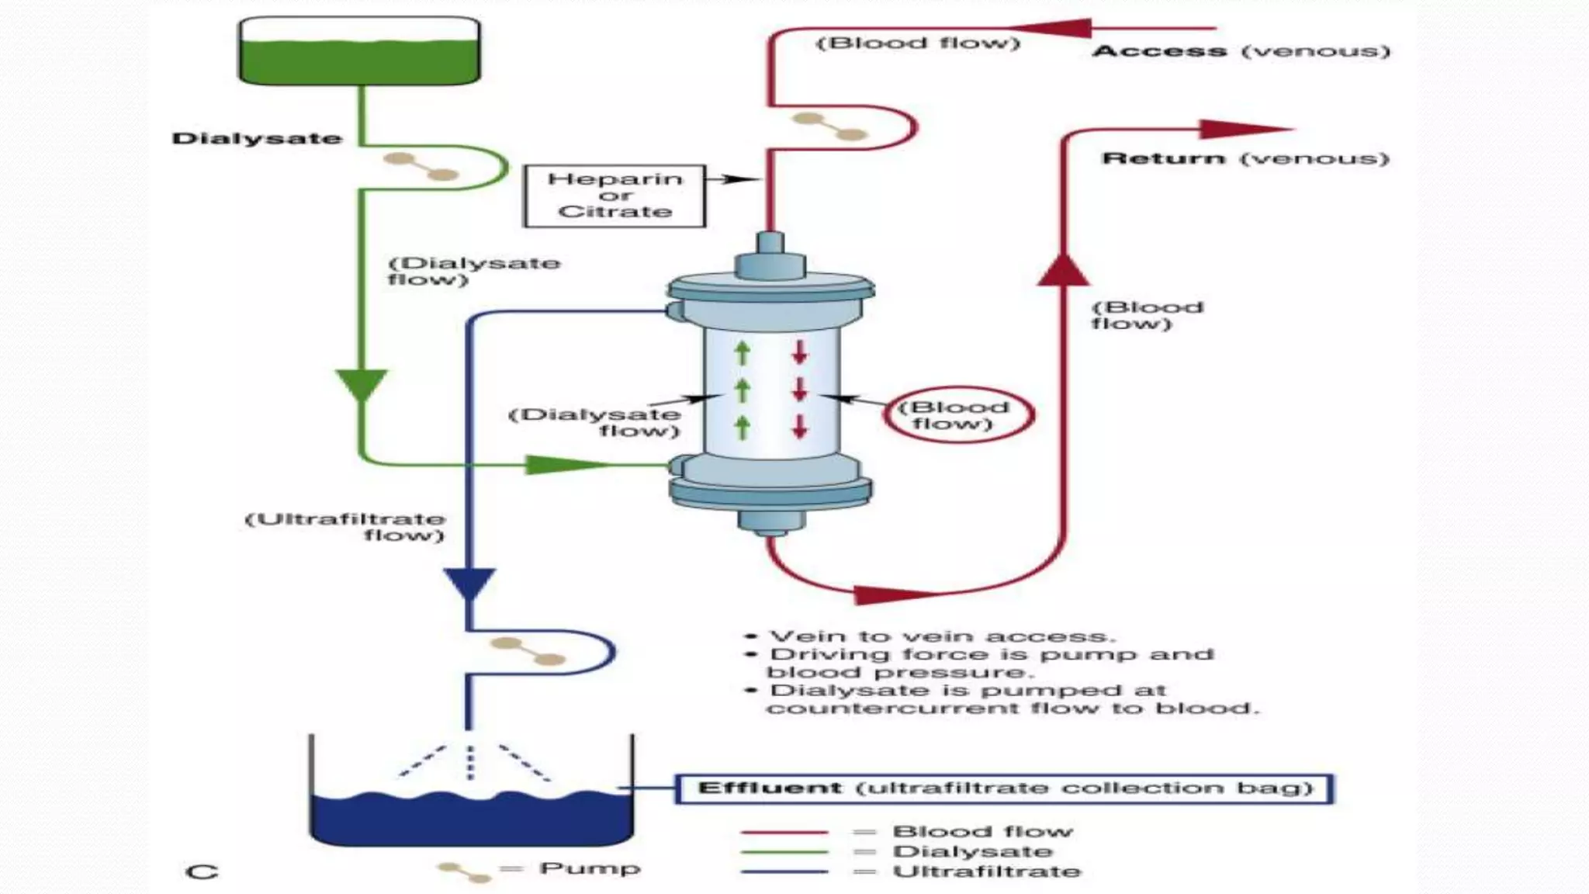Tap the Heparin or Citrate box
614,196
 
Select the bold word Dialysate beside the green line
257,139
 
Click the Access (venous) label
1240,52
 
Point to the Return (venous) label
1245,159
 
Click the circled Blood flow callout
957,415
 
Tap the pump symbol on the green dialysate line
422,166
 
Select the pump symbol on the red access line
829,126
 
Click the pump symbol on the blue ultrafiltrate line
528,652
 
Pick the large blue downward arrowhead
469,582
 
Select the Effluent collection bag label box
1004,788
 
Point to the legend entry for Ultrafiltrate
986,871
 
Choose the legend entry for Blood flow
982,831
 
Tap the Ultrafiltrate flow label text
345,527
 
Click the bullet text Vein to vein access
941,636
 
